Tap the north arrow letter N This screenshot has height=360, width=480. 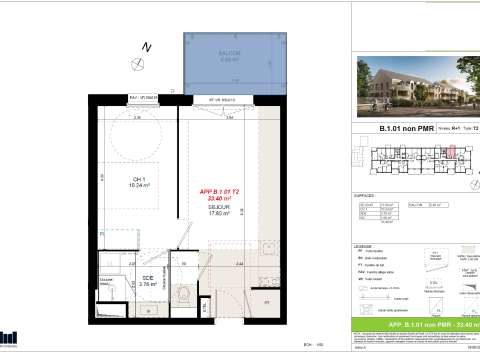(145, 47)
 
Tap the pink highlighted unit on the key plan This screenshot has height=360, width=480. (449, 153)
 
